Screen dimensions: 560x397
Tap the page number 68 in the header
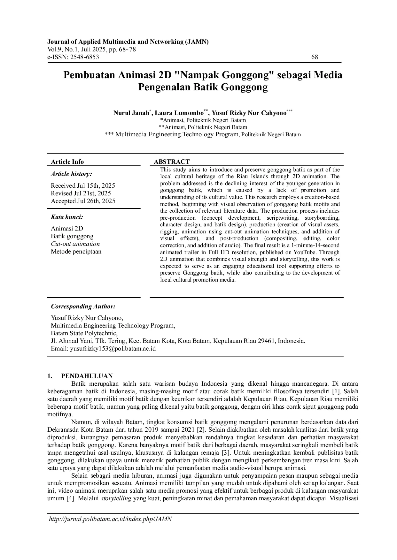pos(315,57)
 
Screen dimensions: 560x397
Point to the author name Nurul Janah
pos(131,113)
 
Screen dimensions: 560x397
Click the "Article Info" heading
pos(67,162)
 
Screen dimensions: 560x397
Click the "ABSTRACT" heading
pos(172,162)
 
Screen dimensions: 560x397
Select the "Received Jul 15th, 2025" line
pos(83,186)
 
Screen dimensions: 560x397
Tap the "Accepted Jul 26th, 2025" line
pos(83,201)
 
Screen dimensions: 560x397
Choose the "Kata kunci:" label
pos(67,217)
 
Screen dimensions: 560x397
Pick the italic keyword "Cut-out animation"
pos(75,244)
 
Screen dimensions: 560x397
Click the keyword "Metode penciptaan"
pos(76,252)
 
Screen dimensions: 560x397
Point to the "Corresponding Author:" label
pos(83,306)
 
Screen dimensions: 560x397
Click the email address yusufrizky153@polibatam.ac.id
pos(113,349)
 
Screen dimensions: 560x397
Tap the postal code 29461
pos(267,341)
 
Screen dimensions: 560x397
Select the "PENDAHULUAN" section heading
pos(87,376)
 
